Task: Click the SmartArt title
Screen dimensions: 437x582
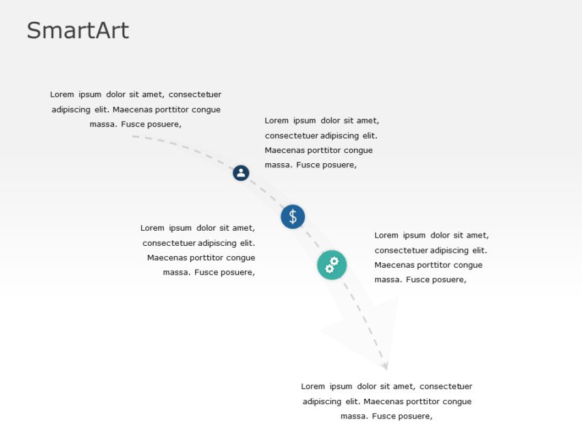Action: pyautogui.click(x=78, y=31)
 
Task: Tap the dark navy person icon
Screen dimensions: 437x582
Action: pyautogui.click(x=241, y=173)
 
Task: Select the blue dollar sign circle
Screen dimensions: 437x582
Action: pyautogui.click(x=293, y=217)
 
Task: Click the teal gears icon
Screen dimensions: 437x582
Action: pyautogui.click(x=332, y=265)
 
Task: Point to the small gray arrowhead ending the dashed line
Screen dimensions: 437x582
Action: pyautogui.click(x=385, y=366)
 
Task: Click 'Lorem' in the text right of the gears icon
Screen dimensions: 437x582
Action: pyautogui.click(x=386, y=236)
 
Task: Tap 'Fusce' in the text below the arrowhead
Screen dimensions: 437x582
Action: pyautogui.click(x=377, y=417)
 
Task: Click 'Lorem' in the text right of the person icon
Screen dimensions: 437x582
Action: pyautogui.click(x=276, y=121)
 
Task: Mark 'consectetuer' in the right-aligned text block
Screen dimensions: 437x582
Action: pyautogui.click(x=169, y=243)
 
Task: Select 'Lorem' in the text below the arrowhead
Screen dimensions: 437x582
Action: pyautogui.click(x=312, y=386)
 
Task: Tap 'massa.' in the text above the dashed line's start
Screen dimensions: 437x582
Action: pyautogui.click(x=103, y=124)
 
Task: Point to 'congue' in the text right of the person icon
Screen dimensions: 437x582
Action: pyautogui.click(x=358, y=150)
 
